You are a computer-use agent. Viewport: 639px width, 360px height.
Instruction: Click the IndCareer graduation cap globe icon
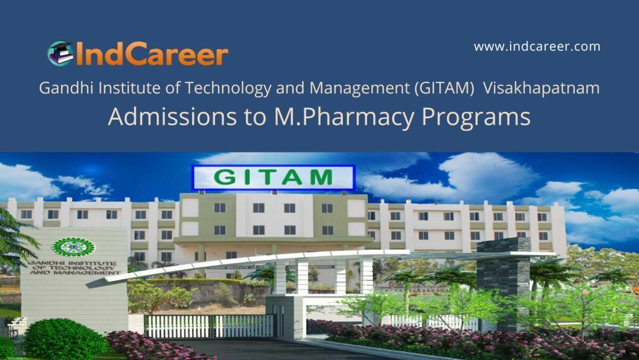point(60,53)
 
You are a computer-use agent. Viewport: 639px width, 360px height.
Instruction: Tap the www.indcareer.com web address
point(537,47)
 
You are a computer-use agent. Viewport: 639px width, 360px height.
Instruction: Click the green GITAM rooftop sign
point(273,177)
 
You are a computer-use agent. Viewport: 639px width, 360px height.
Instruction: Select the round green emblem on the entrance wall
point(73,247)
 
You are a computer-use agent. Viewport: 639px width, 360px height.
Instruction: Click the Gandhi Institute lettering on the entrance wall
point(73,267)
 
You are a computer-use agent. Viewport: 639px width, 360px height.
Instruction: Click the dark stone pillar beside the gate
point(503,277)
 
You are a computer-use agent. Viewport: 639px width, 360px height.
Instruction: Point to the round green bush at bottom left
point(58,339)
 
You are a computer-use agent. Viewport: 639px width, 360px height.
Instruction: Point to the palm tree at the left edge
point(13,240)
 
